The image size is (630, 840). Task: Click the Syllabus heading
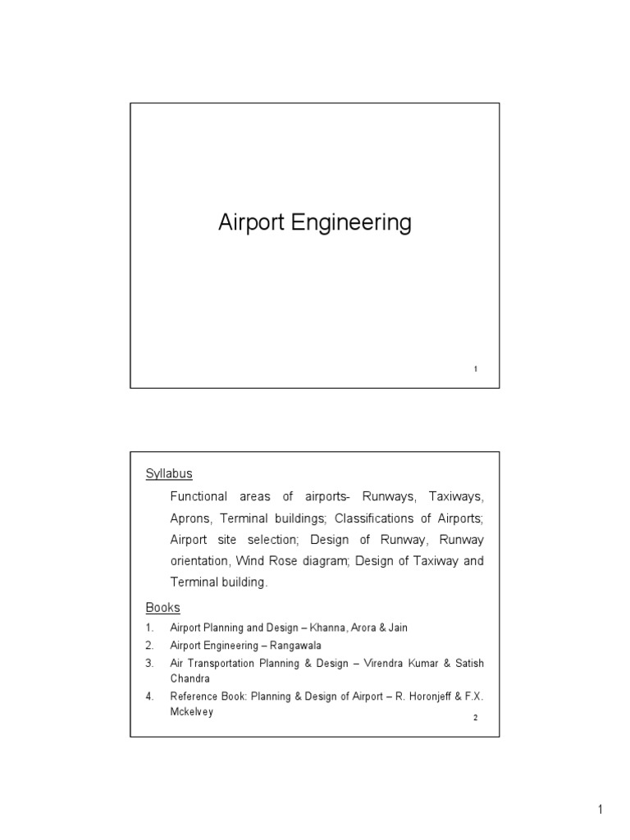169,473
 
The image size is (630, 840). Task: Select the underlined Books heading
162,608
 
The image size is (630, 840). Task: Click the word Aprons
189,518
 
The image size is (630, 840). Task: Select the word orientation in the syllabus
199,561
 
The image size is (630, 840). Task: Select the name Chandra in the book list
189,679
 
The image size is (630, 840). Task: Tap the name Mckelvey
191,712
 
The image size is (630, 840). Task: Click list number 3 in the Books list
149,663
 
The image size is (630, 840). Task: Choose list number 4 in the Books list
149,696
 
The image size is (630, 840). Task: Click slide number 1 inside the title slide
476,370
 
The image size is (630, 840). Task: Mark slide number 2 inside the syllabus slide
476,719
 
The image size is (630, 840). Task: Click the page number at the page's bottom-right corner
600,811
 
